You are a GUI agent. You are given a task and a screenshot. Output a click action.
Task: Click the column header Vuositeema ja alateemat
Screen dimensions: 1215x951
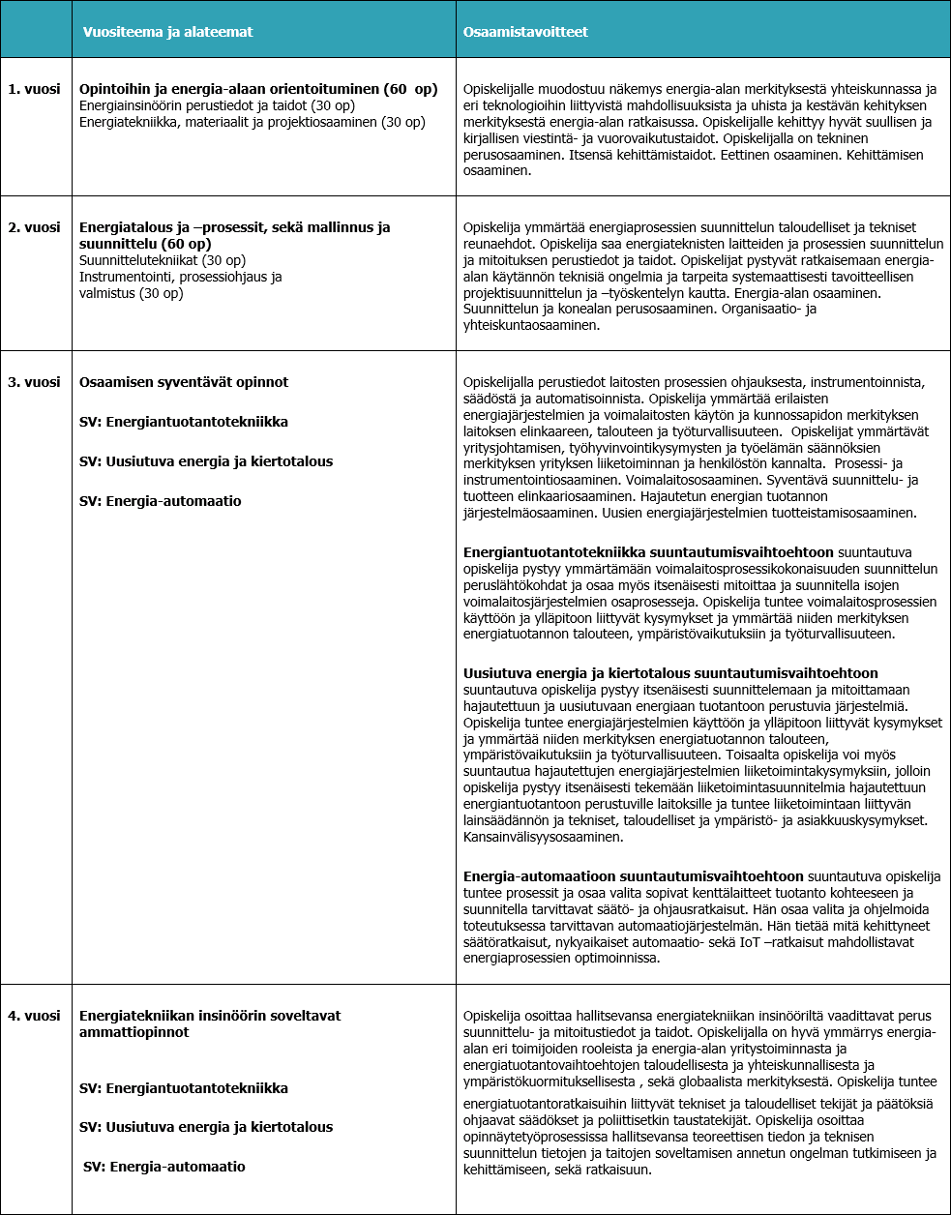(167, 32)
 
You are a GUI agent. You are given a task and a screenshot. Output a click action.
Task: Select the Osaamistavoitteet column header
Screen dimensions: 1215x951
(525, 32)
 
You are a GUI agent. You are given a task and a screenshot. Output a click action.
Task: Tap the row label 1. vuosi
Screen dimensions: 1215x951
(34, 89)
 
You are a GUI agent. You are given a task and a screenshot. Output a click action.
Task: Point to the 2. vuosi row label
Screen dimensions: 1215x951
(34, 227)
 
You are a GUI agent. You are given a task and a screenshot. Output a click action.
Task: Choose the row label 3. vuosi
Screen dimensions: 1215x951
(34, 382)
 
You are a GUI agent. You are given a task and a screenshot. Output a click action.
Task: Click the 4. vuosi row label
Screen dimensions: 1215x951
(34, 1016)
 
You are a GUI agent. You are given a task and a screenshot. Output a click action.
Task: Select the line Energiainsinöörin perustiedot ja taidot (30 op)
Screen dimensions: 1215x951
(217, 105)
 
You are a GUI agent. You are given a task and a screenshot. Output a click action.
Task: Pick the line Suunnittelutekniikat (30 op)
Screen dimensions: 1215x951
(162, 260)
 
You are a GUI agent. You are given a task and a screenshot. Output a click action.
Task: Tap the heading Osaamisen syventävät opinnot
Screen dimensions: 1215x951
(184, 382)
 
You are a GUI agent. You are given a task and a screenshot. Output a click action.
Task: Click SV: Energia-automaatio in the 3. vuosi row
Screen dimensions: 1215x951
(160, 501)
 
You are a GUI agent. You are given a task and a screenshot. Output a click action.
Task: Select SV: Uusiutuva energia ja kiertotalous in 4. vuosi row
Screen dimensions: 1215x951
(205, 1127)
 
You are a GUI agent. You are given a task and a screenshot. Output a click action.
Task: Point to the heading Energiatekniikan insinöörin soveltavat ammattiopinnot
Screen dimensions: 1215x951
(210, 1023)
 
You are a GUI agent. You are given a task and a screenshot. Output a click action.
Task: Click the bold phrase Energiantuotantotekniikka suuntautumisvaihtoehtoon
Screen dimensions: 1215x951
(648, 551)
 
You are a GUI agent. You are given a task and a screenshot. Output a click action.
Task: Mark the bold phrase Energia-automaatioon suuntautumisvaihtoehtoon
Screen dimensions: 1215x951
(633, 876)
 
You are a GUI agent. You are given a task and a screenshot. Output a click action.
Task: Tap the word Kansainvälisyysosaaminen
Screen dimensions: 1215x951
(543, 837)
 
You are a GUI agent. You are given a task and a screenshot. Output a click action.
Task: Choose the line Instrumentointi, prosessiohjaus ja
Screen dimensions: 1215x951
(180, 277)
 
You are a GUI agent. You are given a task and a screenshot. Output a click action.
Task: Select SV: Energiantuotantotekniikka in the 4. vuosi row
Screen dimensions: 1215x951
(183, 1088)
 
